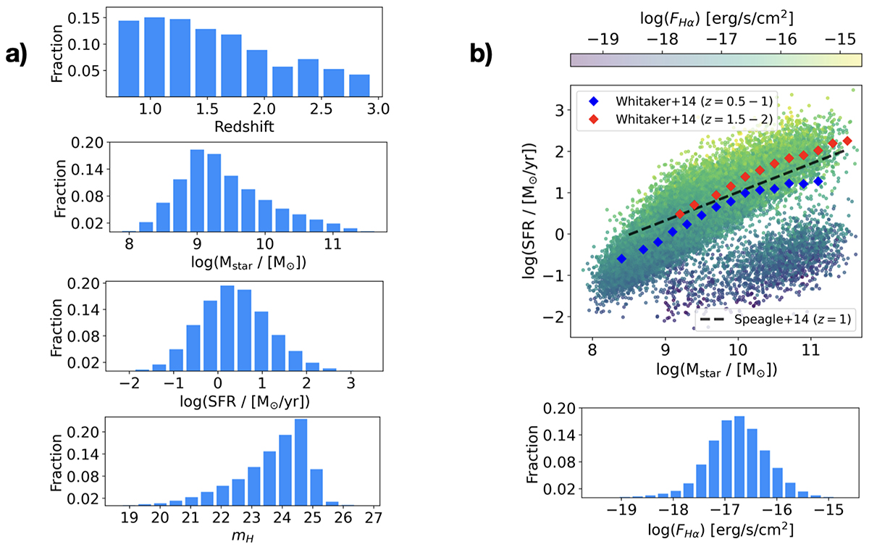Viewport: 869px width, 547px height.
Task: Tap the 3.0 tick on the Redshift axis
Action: point(379,109)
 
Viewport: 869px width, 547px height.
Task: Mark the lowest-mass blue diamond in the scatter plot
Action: point(621,258)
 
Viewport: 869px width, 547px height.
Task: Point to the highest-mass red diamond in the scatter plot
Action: point(847,141)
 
